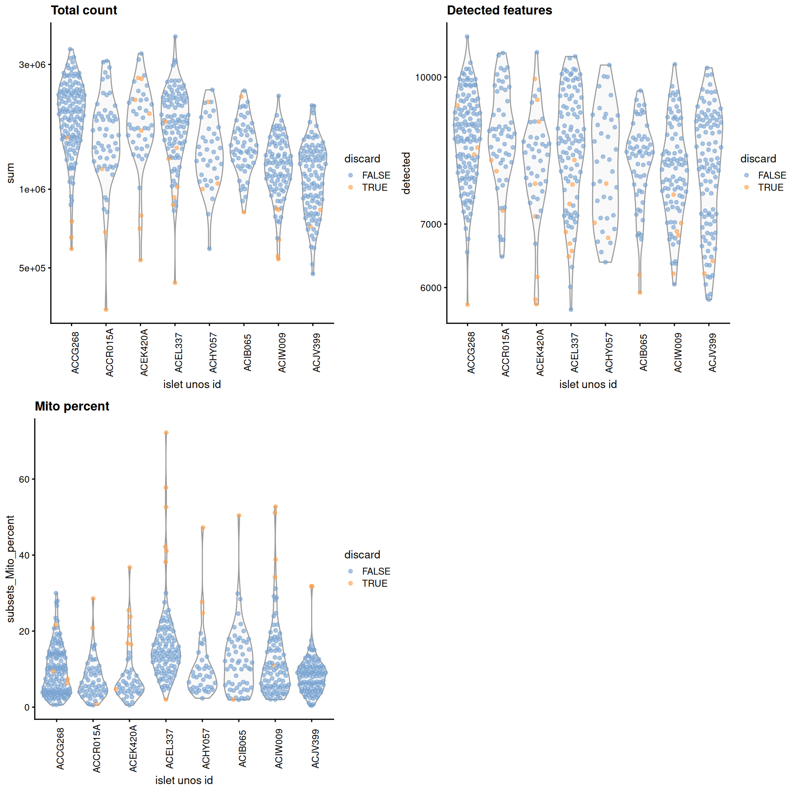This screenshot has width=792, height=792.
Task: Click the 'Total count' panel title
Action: [84, 10]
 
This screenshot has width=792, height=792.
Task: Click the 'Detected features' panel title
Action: [499, 10]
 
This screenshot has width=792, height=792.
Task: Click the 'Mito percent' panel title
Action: [72, 406]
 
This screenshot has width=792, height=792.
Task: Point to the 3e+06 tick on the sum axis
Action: [32, 65]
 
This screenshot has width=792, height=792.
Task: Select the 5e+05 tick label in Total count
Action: [32, 268]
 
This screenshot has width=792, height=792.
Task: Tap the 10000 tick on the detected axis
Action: [428, 77]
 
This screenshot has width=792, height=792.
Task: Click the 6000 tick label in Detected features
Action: [431, 288]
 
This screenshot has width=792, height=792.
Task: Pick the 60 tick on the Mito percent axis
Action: [24, 479]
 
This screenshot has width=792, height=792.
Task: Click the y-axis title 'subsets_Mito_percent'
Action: [10, 569]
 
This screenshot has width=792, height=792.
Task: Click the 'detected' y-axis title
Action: [406, 173]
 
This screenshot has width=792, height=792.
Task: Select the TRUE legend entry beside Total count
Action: [375, 188]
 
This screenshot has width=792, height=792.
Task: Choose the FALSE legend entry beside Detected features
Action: [772, 175]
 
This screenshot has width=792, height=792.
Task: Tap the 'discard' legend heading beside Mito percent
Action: [362, 555]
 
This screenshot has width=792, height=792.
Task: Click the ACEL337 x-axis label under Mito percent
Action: [170, 749]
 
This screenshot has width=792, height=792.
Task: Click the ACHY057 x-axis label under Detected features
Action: [609, 353]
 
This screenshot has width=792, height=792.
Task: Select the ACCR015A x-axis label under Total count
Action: [109, 353]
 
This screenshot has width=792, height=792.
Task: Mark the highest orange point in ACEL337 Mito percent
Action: [166, 433]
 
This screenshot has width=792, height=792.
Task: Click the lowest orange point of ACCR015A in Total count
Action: [106, 309]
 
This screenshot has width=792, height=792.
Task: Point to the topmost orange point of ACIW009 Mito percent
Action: [276, 507]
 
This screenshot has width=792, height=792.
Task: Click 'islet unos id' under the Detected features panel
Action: [588, 384]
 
